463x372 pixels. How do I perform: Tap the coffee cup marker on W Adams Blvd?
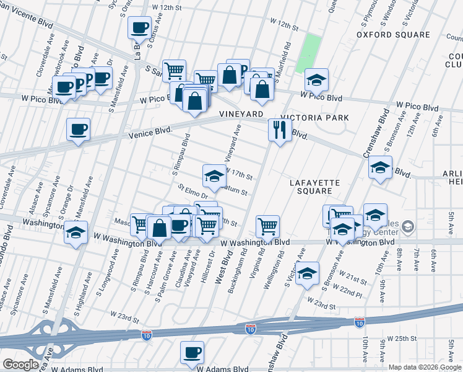[x=192, y=353]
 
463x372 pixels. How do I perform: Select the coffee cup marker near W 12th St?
[x=140, y=28]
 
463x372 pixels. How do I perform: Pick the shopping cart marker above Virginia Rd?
[x=267, y=227]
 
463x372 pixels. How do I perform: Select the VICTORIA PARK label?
[x=314, y=117]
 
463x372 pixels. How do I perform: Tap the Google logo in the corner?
[x=20, y=365]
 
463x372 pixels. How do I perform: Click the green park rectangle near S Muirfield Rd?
[x=309, y=53]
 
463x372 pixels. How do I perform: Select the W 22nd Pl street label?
[x=347, y=292]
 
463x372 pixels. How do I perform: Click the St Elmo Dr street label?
[x=191, y=192]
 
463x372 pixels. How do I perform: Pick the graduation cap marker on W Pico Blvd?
[x=316, y=80]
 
